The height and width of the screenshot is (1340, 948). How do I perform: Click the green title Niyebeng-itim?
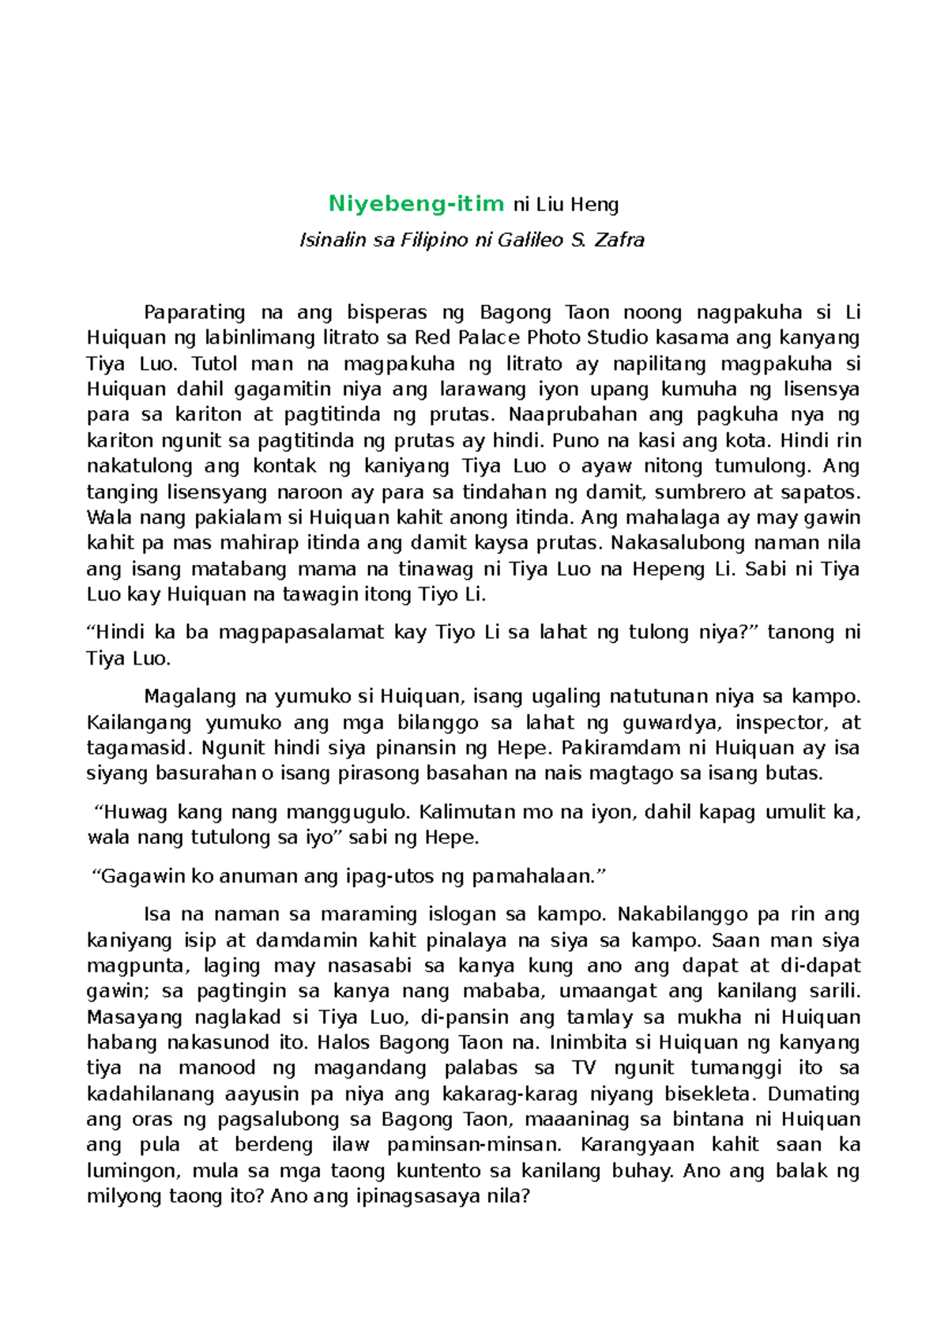[x=416, y=204]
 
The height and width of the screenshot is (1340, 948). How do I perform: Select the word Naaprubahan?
[x=572, y=415]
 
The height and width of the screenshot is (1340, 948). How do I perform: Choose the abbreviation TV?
[x=584, y=1068]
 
